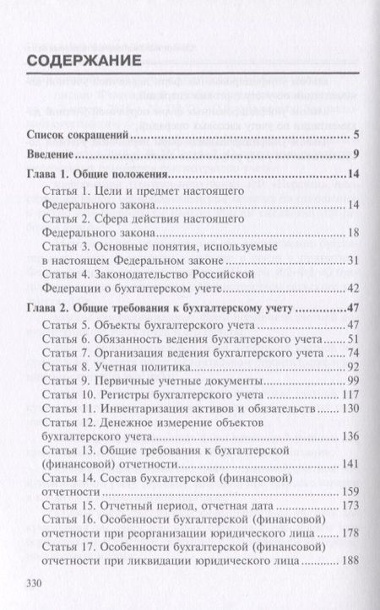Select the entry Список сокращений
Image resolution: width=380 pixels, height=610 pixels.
[78, 135]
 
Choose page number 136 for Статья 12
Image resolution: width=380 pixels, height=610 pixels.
[350, 437]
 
